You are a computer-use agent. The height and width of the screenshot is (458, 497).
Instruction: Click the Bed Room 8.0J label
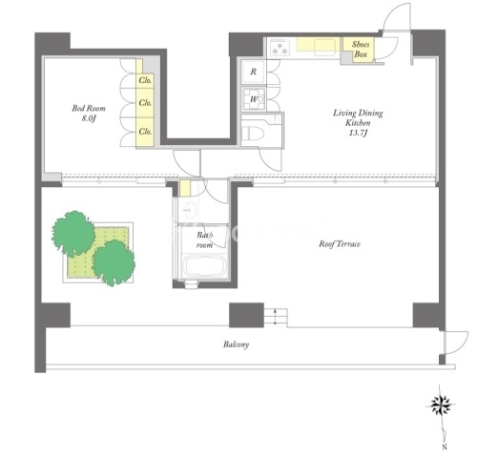89,114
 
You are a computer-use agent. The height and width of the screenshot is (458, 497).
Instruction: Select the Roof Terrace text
340,244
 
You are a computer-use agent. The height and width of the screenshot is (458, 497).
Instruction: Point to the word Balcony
236,344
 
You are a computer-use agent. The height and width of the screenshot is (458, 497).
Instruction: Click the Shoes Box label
361,50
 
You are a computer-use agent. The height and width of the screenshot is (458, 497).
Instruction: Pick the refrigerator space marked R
254,72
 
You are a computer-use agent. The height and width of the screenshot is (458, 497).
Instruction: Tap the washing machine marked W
254,99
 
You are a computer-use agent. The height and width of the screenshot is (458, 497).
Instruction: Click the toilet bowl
253,134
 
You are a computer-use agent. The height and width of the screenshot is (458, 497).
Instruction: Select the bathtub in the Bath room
205,266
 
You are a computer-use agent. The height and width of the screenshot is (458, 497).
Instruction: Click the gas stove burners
280,48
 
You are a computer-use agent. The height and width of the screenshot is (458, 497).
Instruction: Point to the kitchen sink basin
324,47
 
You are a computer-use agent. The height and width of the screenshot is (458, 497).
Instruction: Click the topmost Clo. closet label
145,80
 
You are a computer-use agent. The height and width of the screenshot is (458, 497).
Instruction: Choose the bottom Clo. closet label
145,131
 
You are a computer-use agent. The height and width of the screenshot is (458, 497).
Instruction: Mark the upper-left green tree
73,233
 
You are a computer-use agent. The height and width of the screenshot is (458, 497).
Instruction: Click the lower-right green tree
114,262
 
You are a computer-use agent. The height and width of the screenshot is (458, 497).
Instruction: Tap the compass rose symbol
441,406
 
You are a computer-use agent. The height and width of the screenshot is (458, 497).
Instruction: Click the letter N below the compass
445,447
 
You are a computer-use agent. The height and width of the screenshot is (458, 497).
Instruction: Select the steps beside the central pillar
276,317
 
